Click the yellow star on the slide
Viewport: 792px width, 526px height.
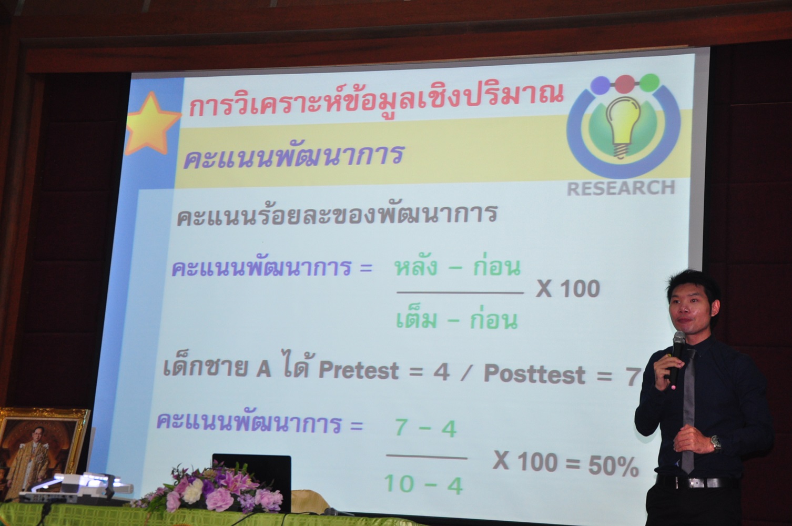point(153,124)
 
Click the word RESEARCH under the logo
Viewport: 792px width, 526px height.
point(621,188)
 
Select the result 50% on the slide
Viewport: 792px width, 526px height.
point(613,467)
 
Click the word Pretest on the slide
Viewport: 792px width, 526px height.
point(359,370)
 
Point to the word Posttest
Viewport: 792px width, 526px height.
point(534,373)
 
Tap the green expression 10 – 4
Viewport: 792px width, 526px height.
point(423,484)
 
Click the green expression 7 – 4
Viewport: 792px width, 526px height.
point(425,428)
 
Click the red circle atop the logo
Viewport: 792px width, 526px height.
point(625,84)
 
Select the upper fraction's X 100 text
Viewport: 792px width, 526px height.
point(568,289)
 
